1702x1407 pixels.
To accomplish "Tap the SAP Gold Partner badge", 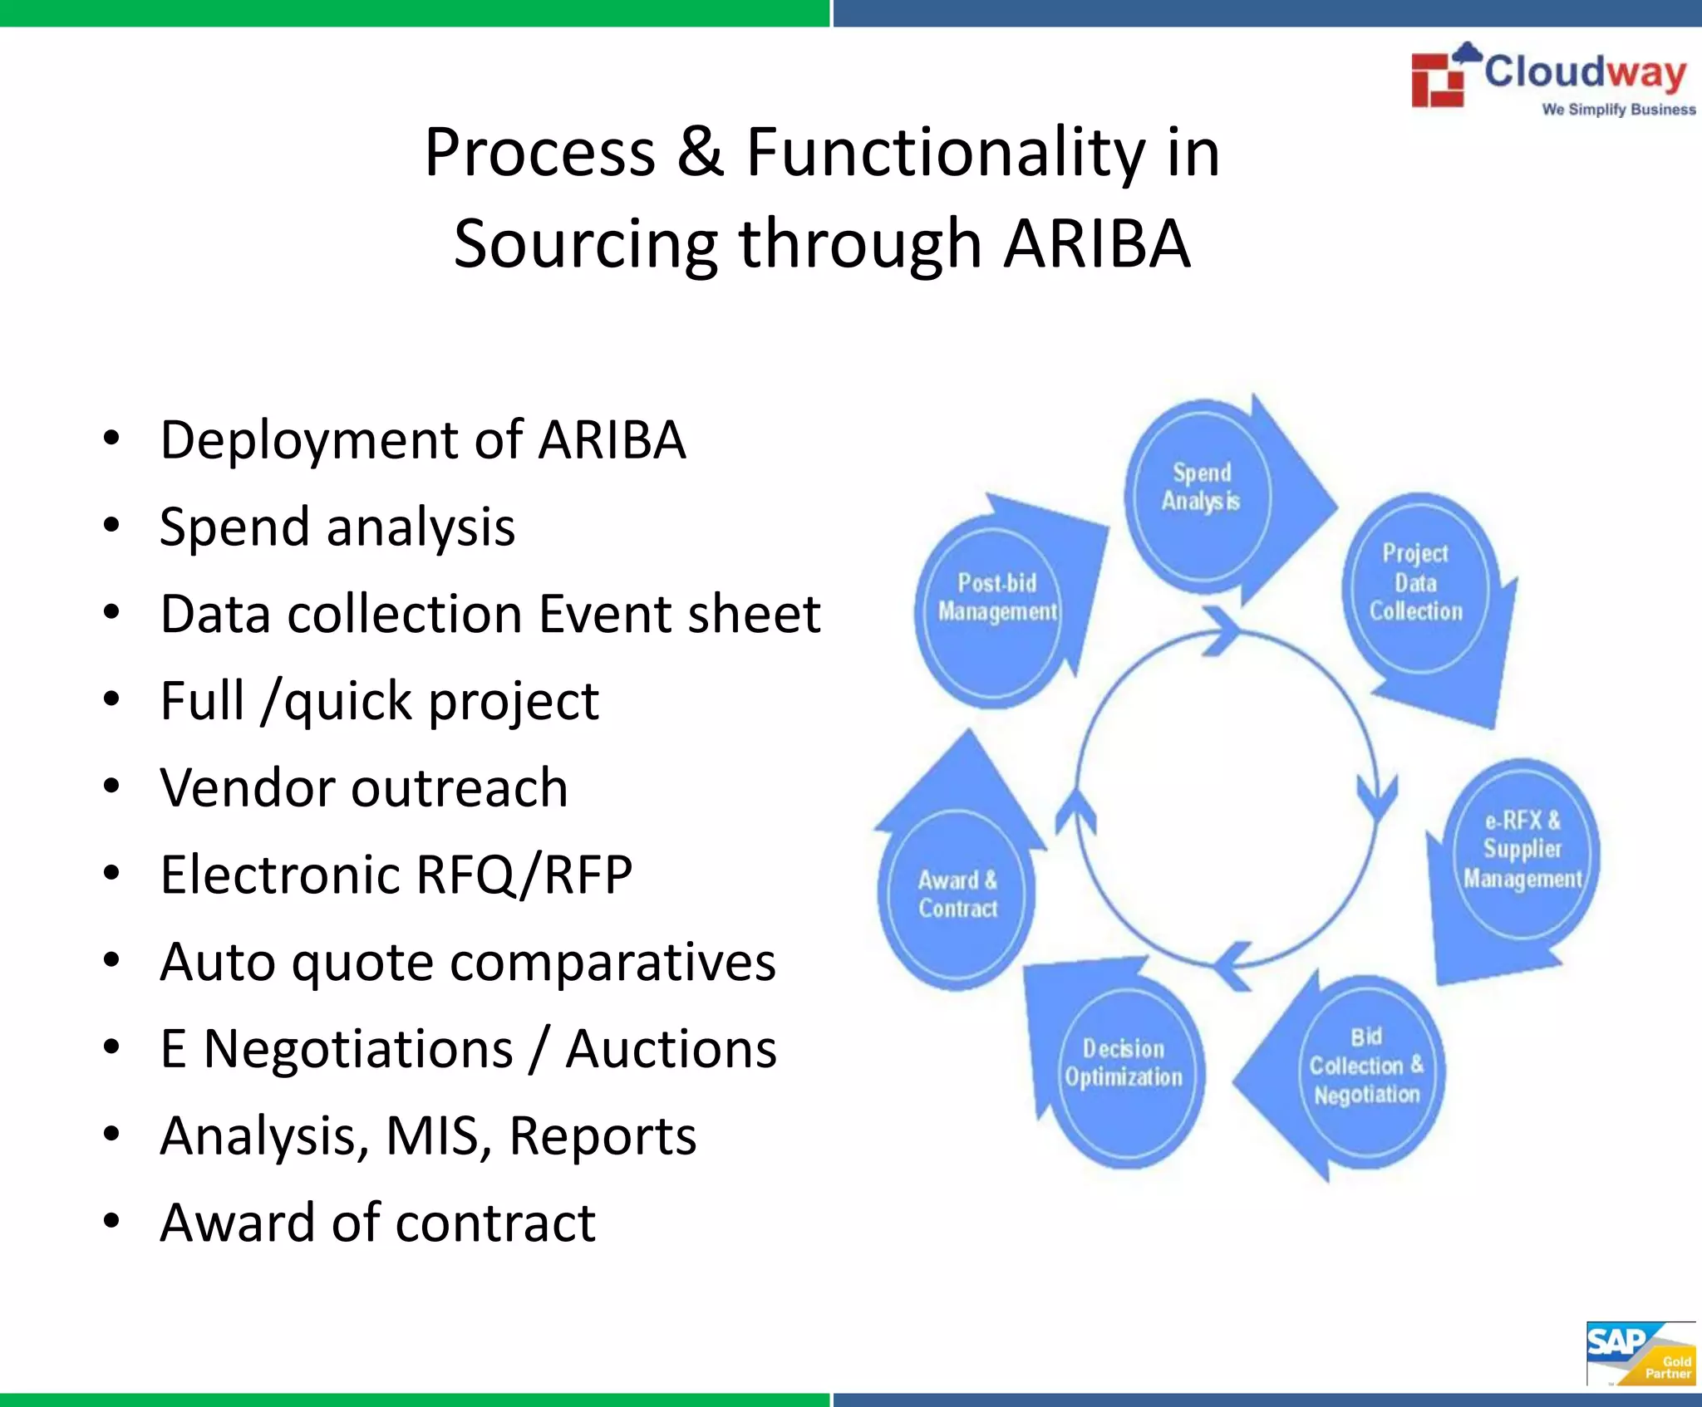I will click(x=1640, y=1353).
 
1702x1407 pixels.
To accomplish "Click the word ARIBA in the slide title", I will click(x=1096, y=243).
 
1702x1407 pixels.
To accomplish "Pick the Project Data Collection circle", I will click(x=1415, y=582).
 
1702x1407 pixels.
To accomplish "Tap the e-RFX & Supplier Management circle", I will click(x=1522, y=849).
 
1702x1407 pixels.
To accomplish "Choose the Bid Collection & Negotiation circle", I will click(x=1366, y=1066).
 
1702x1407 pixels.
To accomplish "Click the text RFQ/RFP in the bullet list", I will click(x=524, y=875).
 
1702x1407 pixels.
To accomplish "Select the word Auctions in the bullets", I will click(x=671, y=1048).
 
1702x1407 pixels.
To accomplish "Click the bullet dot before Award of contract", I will click(x=111, y=1221).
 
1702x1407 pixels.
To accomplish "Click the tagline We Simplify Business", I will click(x=1618, y=110).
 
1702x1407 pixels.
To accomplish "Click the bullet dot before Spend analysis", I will click(x=111, y=526).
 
